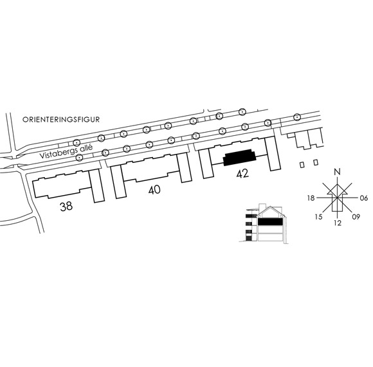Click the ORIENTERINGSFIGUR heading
[61, 119]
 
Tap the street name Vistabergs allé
[66, 151]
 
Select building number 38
[66, 207]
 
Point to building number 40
[154, 190]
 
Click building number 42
[242, 173]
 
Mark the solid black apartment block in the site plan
[239, 157]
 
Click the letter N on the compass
[338, 171]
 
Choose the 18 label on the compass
[311, 198]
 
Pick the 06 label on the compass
[364, 198]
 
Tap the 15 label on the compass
[319, 217]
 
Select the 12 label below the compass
[338, 223]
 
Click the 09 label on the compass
[356, 217]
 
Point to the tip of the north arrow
[338, 184]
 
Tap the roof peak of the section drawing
[270, 207]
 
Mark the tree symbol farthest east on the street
[296, 117]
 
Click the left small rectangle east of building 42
[302, 165]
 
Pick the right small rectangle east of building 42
[316, 162]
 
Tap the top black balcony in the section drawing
[249, 216]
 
